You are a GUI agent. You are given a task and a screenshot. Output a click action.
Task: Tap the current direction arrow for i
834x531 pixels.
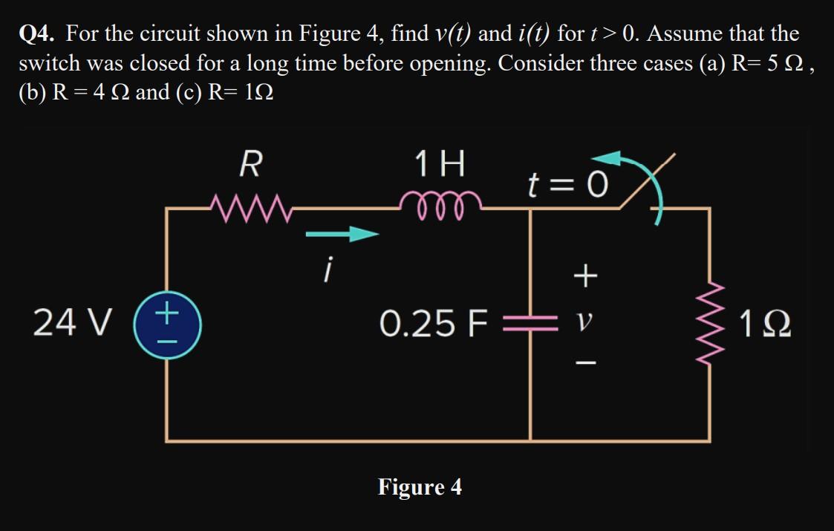click(x=342, y=235)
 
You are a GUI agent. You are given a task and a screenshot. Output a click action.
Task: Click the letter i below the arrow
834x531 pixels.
click(x=325, y=269)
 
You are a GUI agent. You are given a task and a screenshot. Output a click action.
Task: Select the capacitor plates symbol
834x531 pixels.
click(x=530, y=325)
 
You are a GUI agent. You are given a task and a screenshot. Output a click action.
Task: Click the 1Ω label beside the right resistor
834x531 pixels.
click(x=764, y=325)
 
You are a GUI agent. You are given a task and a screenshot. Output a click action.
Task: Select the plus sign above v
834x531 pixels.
click(x=586, y=277)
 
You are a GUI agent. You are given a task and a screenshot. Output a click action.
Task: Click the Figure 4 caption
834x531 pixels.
click(x=420, y=487)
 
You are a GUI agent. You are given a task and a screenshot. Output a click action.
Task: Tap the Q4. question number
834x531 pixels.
click(x=39, y=34)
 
